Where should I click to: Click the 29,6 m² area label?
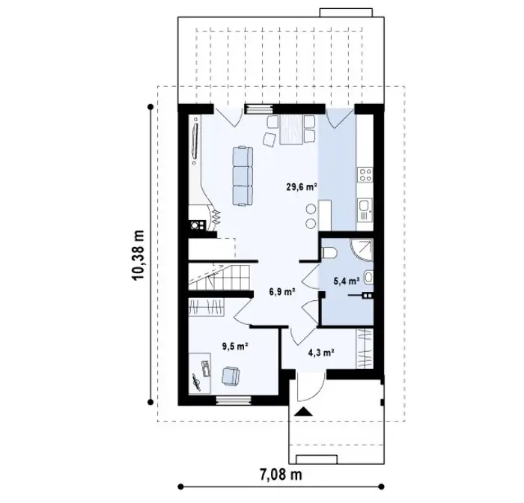pos(302,186)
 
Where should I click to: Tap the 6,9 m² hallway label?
pos(282,292)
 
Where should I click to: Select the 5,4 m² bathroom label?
pos(347,281)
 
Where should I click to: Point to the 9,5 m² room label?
pos(235,347)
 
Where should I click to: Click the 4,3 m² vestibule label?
pos(321,353)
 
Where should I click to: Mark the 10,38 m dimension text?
pos(138,255)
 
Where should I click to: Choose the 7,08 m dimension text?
pos(281,475)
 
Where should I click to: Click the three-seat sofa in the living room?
pos(243,176)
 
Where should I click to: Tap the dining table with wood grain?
pos(291,129)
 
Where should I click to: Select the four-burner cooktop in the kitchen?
pos(365,175)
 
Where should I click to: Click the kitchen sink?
pos(365,210)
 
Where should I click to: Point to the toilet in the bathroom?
pos(330,253)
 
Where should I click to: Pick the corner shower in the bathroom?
pos(362,250)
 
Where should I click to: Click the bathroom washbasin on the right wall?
pos(368,277)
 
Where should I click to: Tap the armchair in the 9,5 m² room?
pos(231,376)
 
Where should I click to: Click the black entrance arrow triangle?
pos(304,412)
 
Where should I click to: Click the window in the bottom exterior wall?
pos(234,400)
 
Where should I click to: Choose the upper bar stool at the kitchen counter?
pos(311,210)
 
